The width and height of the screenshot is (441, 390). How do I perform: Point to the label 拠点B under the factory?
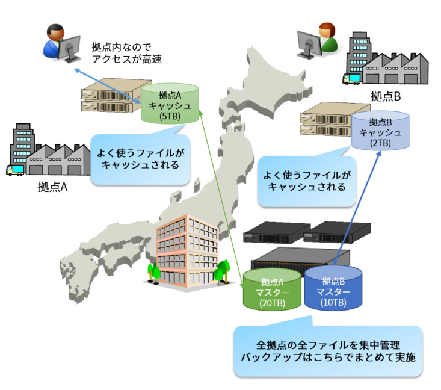click(386, 96)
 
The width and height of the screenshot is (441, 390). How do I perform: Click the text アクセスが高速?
click(127, 59)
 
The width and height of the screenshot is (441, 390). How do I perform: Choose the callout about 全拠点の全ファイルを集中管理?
click(328, 351)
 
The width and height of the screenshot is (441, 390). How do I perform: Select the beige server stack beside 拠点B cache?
click(325, 122)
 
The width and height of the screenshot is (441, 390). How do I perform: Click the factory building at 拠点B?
click(385, 60)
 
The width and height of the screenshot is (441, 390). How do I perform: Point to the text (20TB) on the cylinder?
click(272, 303)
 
